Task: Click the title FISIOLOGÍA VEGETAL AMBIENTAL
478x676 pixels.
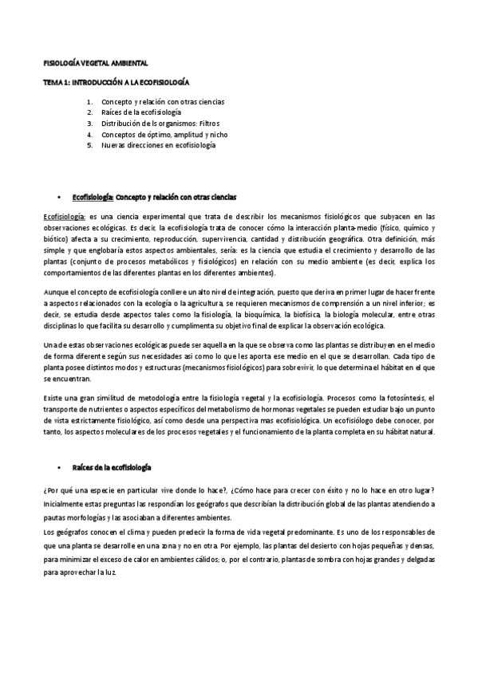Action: [x=96, y=62]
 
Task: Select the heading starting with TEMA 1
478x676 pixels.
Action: [x=116, y=82]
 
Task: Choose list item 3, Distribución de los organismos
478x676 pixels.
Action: [x=160, y=124]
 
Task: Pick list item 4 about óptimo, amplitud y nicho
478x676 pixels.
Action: [x=158, y=135]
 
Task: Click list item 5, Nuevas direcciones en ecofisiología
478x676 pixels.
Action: [x=158, y=146]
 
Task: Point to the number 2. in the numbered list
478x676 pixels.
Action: [x=90, y=113]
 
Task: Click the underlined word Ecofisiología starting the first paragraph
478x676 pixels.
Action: [x=64, y=217]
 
